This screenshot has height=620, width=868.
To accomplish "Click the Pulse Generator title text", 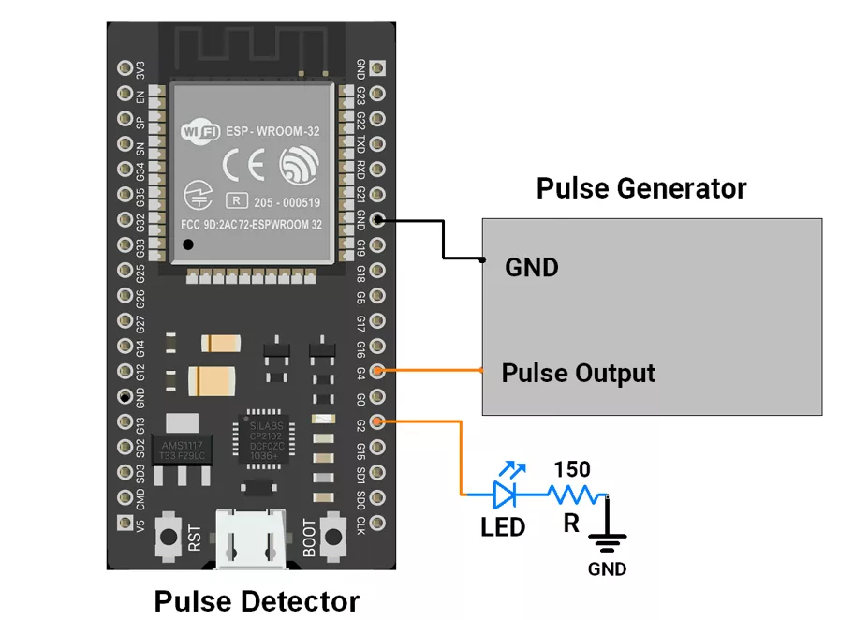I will tap(641, 188).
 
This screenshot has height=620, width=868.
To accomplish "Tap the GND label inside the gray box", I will tap(531, 268).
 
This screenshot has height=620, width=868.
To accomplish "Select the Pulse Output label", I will tap(578, 373).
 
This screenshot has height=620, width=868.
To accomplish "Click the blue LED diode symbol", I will tap(506, 494).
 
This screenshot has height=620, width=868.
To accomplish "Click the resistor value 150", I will tap(571, 468).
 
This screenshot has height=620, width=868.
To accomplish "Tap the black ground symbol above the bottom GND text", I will tap(608, 537).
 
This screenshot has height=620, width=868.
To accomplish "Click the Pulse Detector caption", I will tap(257, 600).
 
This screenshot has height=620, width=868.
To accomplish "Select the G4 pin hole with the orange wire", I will tap(377, 371).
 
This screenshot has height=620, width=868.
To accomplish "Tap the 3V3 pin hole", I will tap(125, 68).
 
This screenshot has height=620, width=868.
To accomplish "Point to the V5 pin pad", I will tap(125, 523).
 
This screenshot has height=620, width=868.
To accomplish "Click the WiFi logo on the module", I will tap(198, 131).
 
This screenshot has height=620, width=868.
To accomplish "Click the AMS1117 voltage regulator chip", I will tap(181, 448).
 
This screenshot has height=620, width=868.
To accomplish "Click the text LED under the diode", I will tap(503, 527).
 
